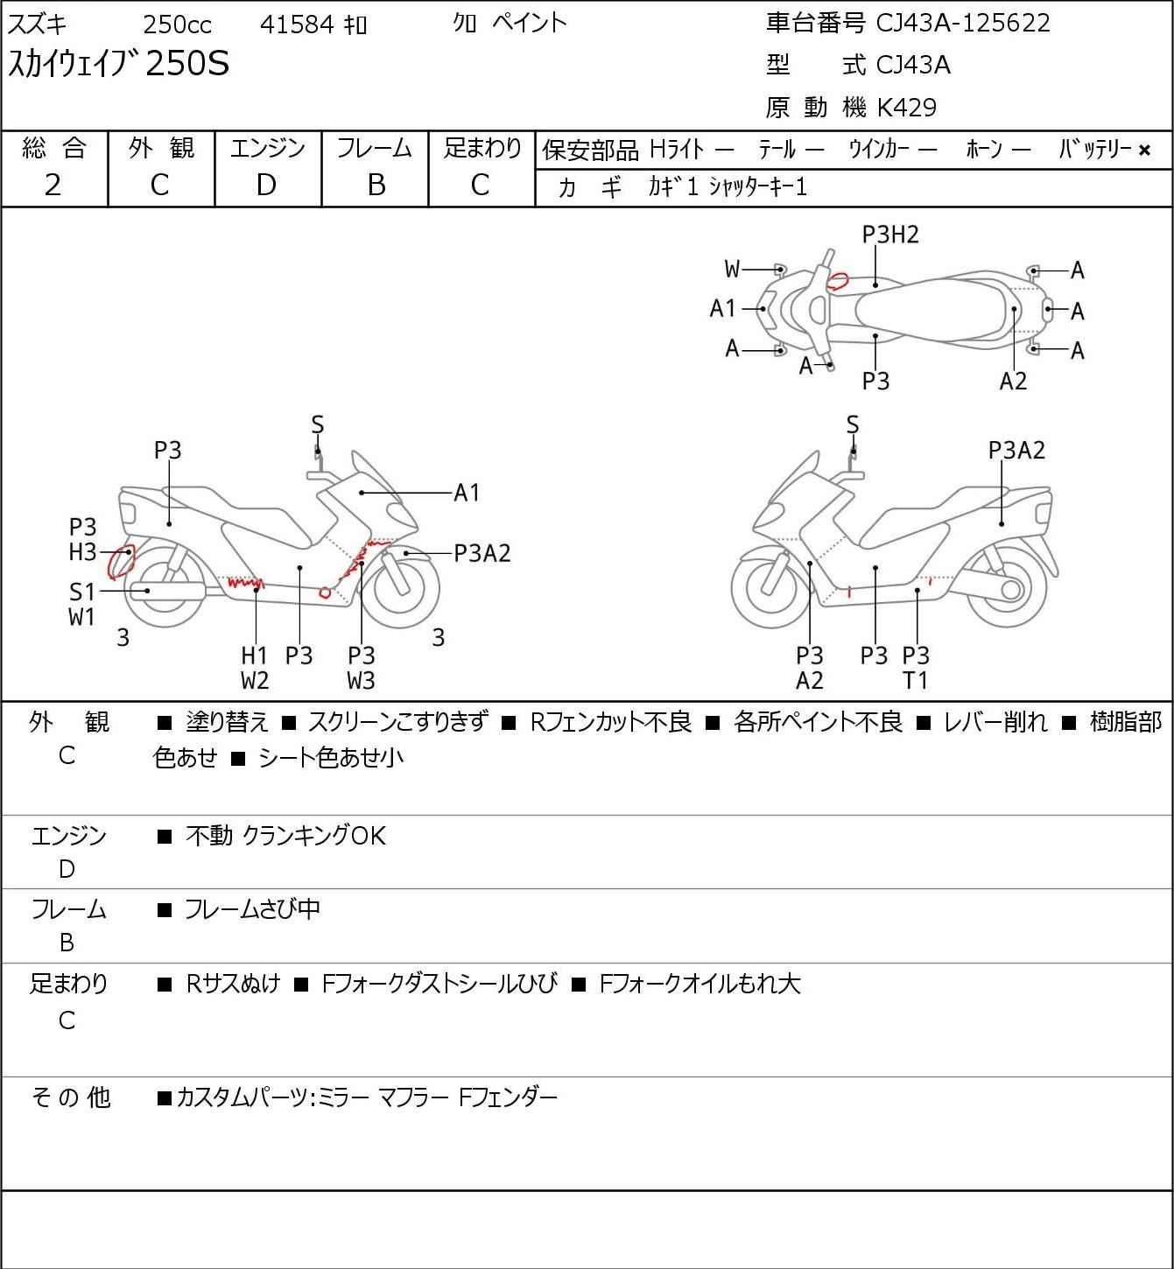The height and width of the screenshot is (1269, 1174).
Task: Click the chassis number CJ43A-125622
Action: click(963, 23)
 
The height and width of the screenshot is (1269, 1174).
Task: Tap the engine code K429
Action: click(906, 108)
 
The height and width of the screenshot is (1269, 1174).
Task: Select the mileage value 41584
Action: click(297, 25)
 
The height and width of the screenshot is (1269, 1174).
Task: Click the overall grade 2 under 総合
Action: click(53, 185)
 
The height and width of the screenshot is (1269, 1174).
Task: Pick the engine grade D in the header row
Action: click(266, 185)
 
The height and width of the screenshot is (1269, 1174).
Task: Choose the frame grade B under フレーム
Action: click(376, 185)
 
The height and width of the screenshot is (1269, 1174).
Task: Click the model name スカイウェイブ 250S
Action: click(119, 65)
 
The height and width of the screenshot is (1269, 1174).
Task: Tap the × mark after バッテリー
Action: click(1144, 151)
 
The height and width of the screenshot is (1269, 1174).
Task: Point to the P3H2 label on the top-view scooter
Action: click(890, 235)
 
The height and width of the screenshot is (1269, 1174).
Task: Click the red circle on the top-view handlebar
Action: click(839, 281)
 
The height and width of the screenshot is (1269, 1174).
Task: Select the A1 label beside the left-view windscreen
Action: click(467, 493)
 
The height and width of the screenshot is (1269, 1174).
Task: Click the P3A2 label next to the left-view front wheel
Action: click(482, 553)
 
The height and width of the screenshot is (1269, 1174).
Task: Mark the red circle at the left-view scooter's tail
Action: click(121, 562)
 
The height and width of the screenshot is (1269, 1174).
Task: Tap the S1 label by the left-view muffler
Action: click(82, 592)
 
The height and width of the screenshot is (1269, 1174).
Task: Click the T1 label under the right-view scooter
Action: click(916, 680)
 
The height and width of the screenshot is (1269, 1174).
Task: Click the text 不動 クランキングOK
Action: click(285, 836)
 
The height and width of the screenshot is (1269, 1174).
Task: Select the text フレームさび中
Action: click(252, 909)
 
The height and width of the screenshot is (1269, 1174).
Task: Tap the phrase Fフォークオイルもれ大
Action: click(699, 984)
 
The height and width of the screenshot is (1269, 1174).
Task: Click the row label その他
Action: click(70, 1097)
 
